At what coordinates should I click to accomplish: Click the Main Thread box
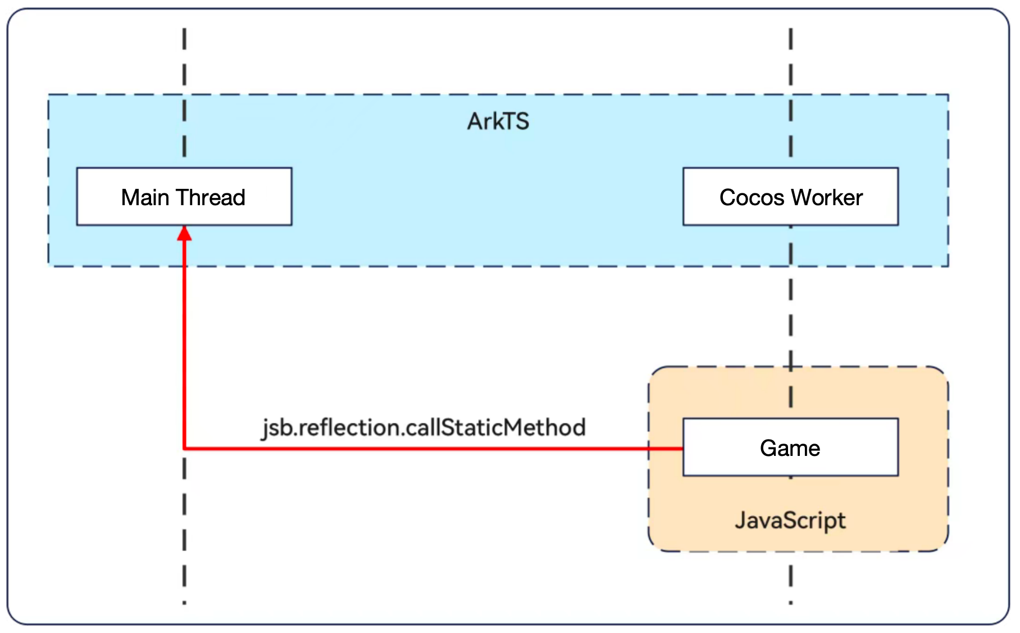[184, 197]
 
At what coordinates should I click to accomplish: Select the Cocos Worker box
[790, 197]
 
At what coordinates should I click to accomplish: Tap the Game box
[790, 447]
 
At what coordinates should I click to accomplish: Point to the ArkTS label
[498, 121]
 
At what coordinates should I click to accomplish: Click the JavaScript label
[790, 521]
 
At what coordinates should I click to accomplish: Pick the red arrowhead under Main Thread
[184, 233]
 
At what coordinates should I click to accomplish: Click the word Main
[145, 197]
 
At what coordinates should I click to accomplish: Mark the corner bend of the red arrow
[185, 448]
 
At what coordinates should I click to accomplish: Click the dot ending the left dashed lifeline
[184, 603]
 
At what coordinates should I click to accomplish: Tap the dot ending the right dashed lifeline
[790, 603]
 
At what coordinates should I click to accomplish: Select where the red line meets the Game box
[682, 449]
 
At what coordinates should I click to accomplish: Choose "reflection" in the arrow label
[350, 427]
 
